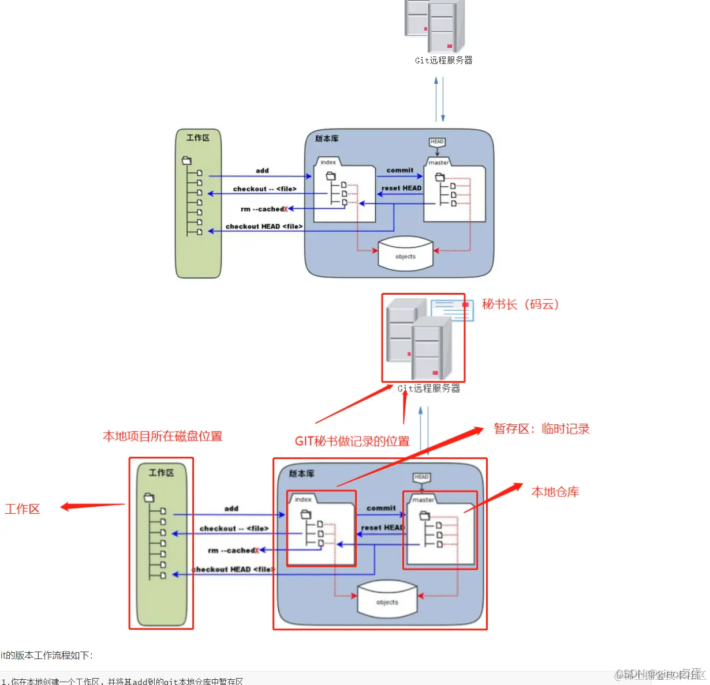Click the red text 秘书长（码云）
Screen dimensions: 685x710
click(520, 304)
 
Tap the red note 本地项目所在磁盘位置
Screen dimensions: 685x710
click(162, 436)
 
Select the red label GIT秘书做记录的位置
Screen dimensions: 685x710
click(352, 442)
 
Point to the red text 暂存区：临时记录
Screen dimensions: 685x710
click(541, 429)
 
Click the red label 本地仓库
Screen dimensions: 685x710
click(555, 492)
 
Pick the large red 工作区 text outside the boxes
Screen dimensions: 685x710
click(23, 509)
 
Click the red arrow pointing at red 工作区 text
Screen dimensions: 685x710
click(92, 506)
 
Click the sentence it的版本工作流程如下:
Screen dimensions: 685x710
click(47, 655)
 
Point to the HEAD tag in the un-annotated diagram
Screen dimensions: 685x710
click(437, 142)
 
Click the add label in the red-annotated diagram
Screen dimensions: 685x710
click(231, 509)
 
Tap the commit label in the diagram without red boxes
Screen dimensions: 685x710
click(400, 170)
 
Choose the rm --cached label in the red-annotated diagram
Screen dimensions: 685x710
click(233, 551)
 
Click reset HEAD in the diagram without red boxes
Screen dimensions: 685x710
click(401, 188)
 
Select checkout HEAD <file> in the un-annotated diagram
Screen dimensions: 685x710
click(264, 227)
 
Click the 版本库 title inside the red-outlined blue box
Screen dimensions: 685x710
click(301, 473)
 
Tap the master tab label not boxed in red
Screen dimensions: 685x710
click(439, 163)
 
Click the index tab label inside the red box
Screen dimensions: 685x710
click(303, 499)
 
